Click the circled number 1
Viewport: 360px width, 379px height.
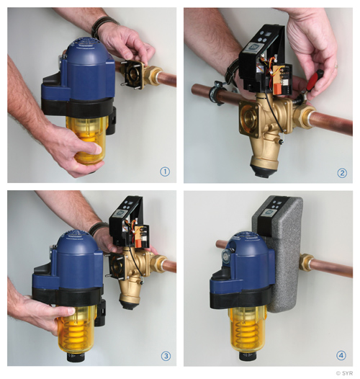(165, 172)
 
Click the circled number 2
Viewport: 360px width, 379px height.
(342, 173)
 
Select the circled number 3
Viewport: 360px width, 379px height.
(166, 356)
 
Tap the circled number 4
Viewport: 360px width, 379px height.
(341, 355)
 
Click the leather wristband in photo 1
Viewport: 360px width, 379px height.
(103, 27)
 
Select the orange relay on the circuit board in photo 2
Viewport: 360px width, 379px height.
(276, 89)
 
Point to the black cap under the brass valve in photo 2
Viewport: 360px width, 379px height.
(261, 171)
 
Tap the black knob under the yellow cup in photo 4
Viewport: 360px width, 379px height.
(249, 355)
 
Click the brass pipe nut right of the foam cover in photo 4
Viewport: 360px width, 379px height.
(305, 262)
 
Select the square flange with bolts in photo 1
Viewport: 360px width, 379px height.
(132, 73)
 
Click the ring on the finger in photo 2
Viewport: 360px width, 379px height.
(336, 66)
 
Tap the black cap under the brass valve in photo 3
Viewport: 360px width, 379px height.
(130, 305)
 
